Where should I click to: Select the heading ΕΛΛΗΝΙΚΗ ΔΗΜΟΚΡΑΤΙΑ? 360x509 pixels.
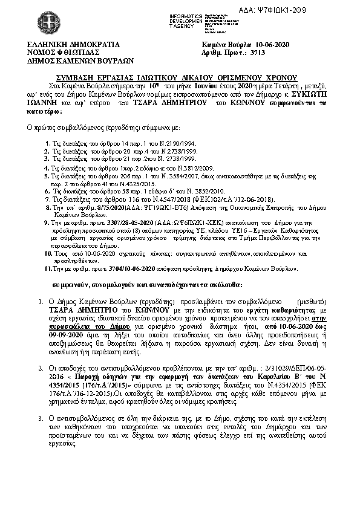click(x=70, y=45)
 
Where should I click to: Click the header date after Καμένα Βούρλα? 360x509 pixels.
click(x=274, y=45)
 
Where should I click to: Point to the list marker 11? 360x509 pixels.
click(x=50, y=267)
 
